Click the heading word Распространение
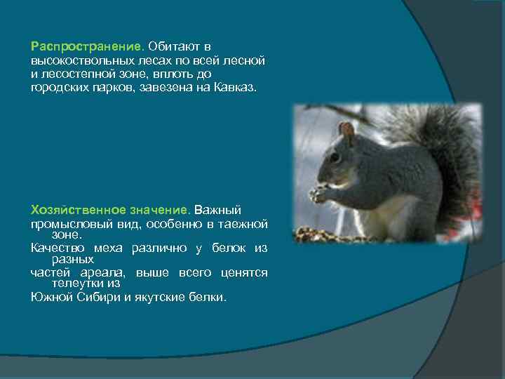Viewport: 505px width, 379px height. (87, 46)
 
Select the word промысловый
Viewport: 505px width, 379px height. (67, 225)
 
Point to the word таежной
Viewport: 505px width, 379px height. (244, 225)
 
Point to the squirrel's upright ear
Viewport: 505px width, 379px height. (346, 131)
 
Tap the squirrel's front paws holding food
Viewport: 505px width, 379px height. (321, 192)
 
